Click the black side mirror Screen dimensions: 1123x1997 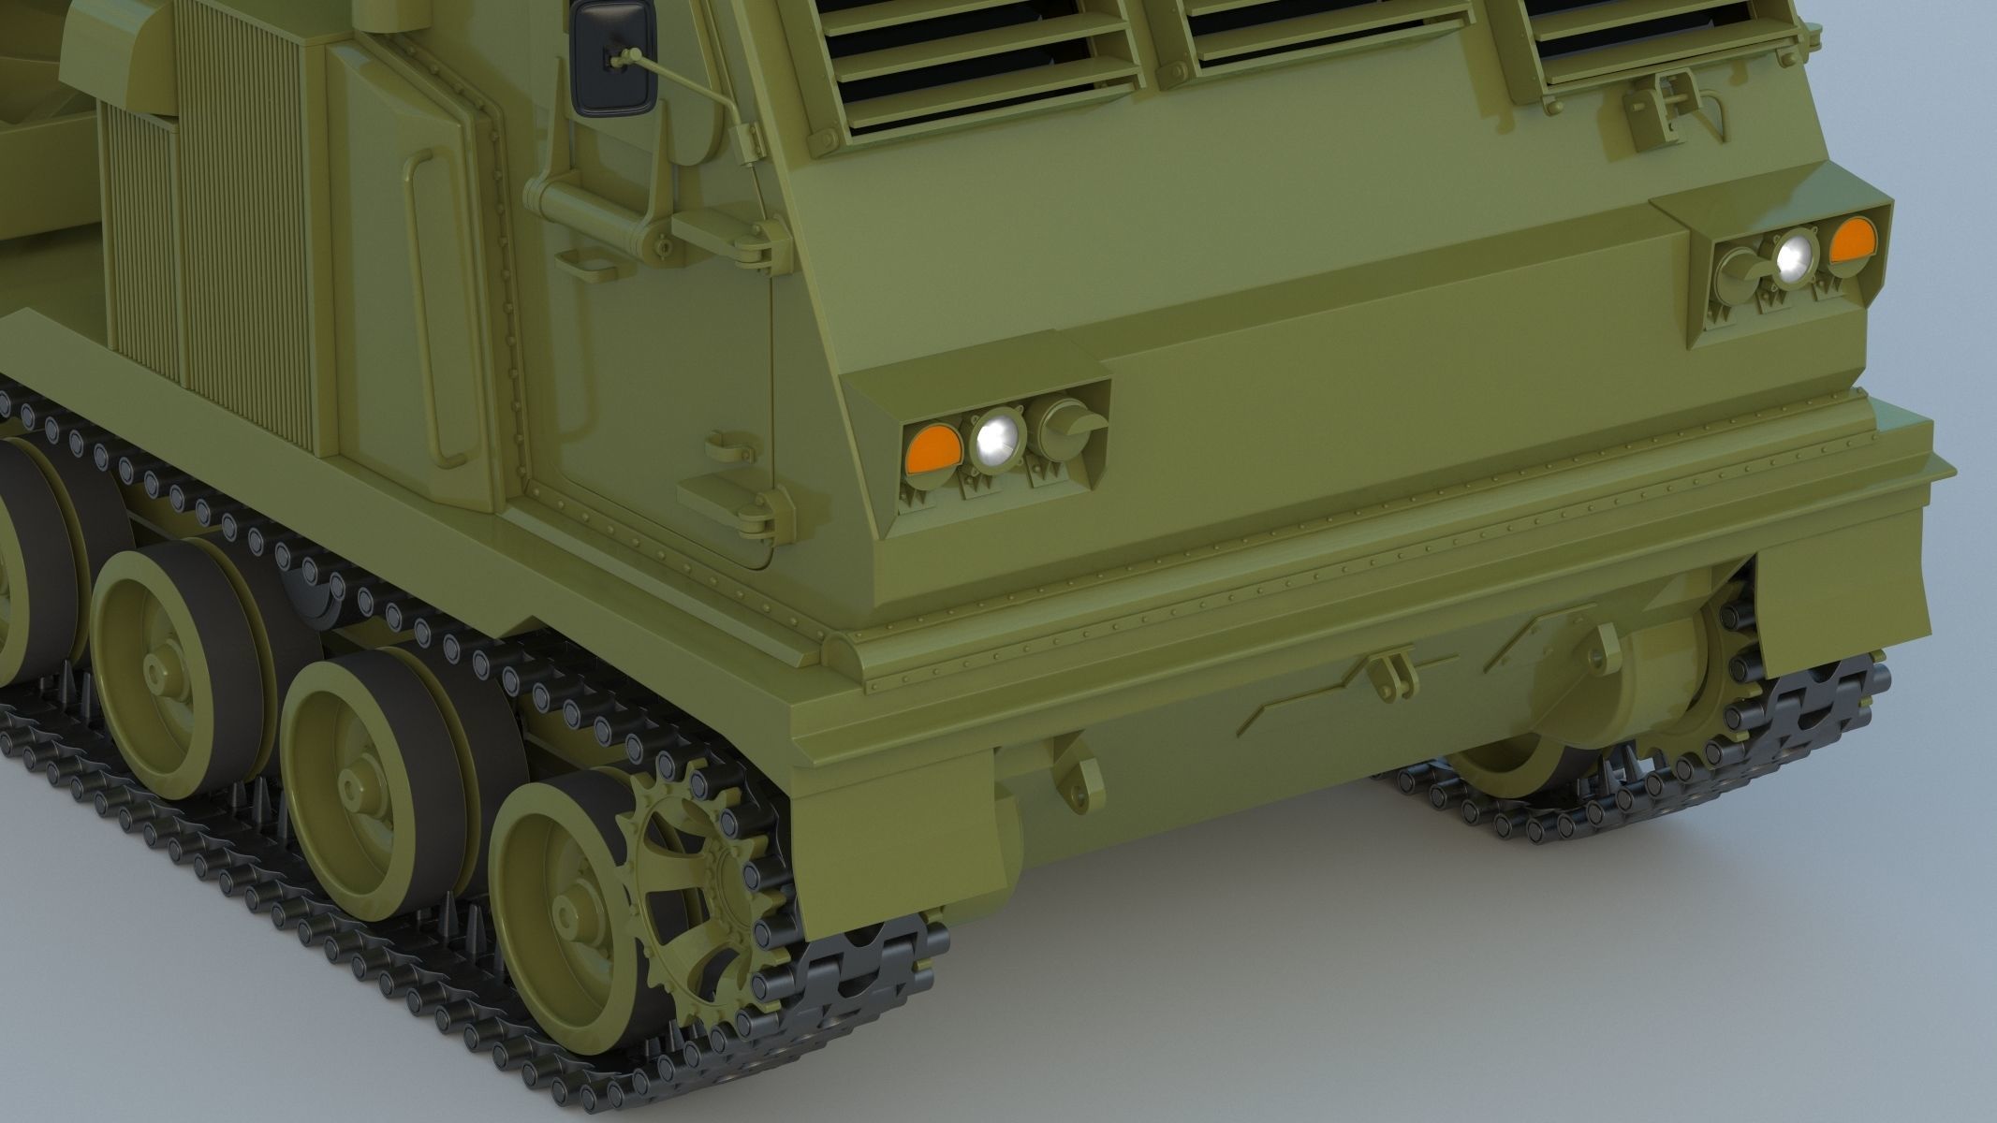[x=613, y=58]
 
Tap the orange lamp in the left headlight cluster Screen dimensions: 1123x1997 [x=932, y=448]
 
